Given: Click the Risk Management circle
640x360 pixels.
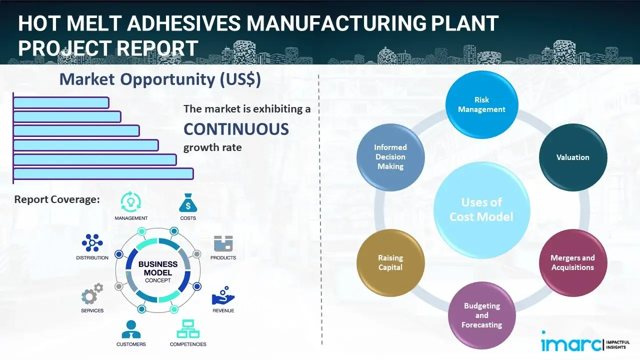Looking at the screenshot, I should click(x=481, y=105).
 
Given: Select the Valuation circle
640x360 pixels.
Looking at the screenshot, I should click(x=573, y=157).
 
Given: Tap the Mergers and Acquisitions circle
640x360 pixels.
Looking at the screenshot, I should click(x=573, y=262).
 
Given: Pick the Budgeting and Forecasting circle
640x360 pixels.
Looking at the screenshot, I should click(x=481, y=315).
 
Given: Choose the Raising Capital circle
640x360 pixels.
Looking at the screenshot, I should click(x=390, y=262).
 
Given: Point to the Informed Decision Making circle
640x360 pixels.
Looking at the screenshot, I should click(x=390, y=157).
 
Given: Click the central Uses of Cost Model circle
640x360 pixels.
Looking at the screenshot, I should click(x=481, y=209).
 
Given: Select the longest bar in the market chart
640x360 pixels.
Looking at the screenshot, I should click(x=103, y=173).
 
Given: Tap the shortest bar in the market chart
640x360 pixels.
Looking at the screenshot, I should click(x=61, y=102).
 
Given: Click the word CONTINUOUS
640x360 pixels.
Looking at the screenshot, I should click(x=236, y=129).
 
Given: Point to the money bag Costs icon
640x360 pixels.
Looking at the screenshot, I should click(x=187, y=202).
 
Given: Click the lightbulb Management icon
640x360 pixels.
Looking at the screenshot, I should click(x=131, y=202).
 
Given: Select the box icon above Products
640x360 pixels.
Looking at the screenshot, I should click(x=223, y=243).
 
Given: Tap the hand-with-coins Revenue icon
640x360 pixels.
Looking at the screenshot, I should click(x=223, y=296).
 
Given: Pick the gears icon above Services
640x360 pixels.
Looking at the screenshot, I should click(x=92, y=295).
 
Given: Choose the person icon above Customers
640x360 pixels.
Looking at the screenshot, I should click(x=131, y=329).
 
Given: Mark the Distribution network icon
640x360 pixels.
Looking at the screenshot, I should click(x=92, y=243).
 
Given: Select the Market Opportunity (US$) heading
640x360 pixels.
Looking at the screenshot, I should click(x=160, y=79).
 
